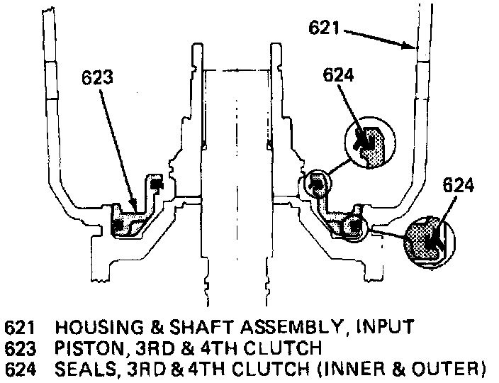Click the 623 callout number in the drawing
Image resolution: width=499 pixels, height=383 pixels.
click(97, 78)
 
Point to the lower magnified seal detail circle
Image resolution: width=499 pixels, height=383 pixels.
click(427, 242)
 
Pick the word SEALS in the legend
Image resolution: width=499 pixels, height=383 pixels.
click(77, 368)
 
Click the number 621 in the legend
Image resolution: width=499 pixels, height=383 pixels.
click(19, 328)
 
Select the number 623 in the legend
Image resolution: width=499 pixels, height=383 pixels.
click(19, 348)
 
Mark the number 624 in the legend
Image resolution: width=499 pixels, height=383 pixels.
click(19, 368)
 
